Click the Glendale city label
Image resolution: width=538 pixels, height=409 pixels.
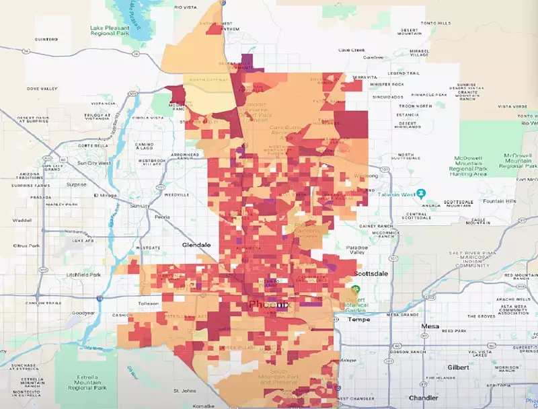196,246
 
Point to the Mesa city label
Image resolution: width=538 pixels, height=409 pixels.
430,326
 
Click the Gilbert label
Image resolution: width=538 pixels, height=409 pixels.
458,367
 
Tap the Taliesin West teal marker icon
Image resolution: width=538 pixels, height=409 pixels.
421,194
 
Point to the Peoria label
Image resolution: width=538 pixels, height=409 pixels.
162,217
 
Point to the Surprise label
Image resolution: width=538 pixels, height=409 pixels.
76,184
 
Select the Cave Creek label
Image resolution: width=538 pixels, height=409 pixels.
351,50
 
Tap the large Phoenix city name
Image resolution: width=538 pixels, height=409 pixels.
268,305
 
